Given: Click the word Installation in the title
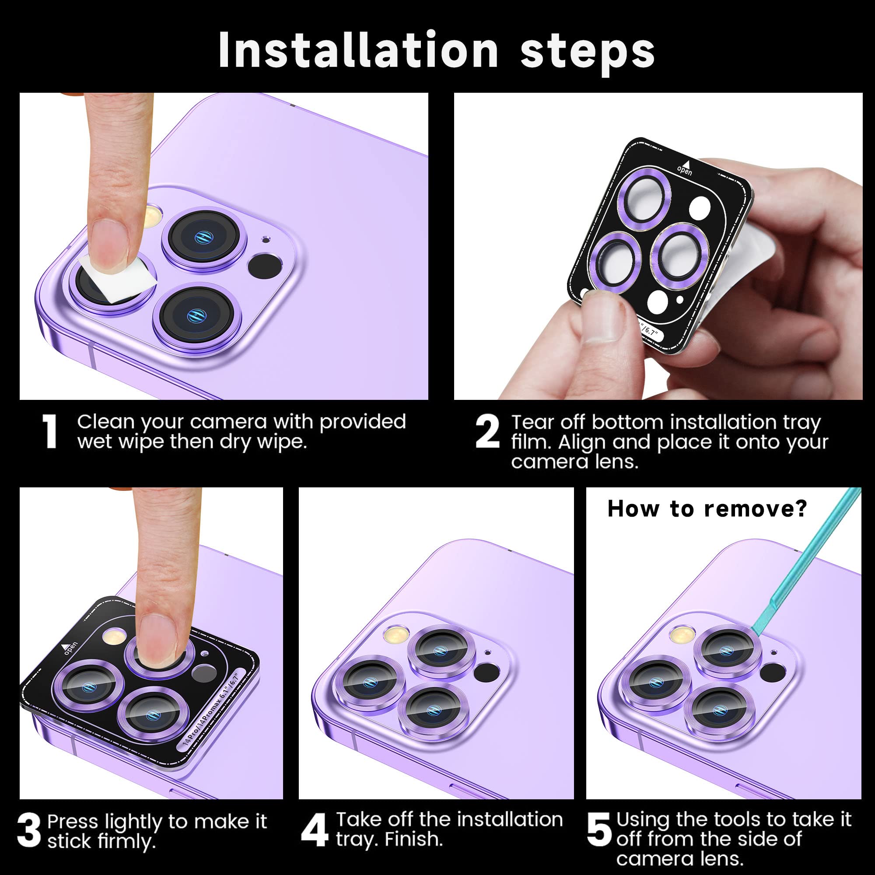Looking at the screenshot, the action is (358, 51).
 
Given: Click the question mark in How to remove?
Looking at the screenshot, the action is (801, 509).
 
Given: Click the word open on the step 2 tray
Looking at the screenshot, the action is (685, 171).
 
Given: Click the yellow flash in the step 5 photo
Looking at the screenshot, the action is (680, 634).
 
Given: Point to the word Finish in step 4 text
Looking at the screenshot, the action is (413, 839).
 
